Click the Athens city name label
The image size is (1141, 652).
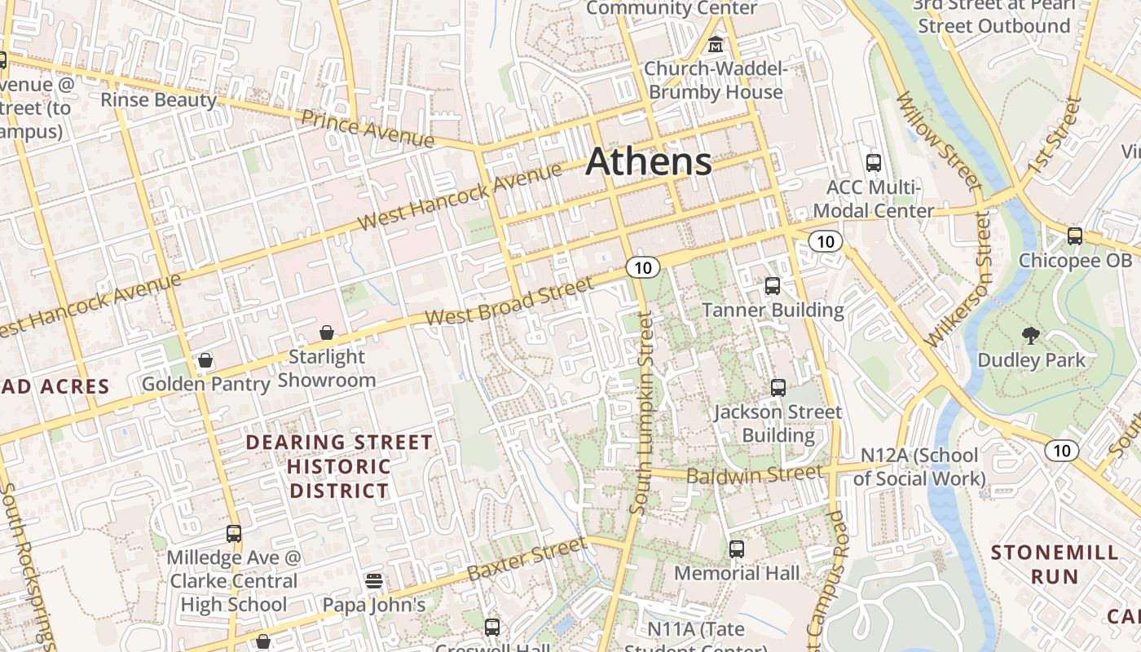point(649,161)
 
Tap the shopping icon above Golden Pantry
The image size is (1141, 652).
point(205,359)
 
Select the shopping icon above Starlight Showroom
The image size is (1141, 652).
point(327,333)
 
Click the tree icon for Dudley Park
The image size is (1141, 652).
point(1031,334)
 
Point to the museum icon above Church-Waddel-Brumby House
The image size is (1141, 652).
point(716,43)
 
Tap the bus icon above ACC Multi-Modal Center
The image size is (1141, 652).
point(874,162)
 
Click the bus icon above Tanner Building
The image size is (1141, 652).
point(773,286)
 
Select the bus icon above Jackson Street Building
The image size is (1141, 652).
point(778,387)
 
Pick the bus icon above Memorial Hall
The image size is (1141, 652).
point(737,548)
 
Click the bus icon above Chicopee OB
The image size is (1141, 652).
point(1075,236)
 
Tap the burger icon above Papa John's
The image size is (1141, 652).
point(374,580)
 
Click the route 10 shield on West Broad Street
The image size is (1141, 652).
point(643,267)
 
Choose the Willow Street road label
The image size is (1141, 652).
point(939,140)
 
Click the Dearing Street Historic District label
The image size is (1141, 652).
point(339,466)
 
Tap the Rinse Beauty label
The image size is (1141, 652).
point(158,100)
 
